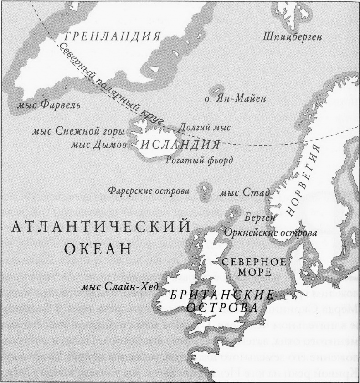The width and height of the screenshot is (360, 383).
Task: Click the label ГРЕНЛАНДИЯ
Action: tap(113, 37)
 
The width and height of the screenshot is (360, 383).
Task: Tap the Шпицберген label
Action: tap(292, 36)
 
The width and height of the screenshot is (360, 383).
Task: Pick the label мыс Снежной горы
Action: tap(78, 131)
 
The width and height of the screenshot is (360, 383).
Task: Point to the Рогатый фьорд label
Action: tap(199, 160)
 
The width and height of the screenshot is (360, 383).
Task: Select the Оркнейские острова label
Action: tap(270, 233)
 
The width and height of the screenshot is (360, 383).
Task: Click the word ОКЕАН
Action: tap(98, 248)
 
